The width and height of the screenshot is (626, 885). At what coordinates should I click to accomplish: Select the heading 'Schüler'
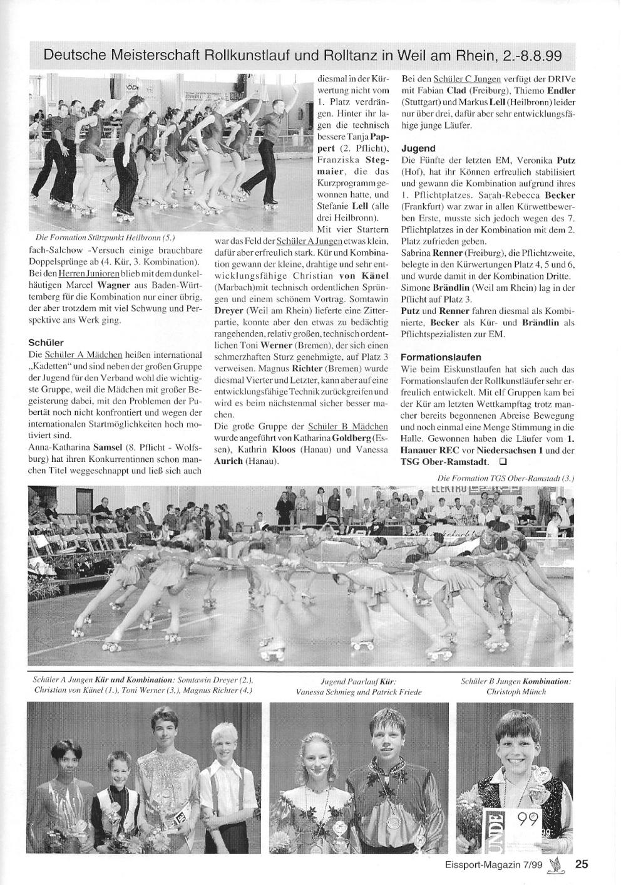46,343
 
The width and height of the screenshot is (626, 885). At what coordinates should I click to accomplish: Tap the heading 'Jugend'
418,149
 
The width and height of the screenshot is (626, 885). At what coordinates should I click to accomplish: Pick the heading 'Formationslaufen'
441,357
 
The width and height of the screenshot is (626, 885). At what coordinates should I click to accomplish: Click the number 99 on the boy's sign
528,819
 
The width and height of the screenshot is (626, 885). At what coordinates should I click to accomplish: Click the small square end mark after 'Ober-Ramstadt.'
502,462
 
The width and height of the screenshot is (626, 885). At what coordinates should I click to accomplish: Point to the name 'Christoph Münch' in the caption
516,692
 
